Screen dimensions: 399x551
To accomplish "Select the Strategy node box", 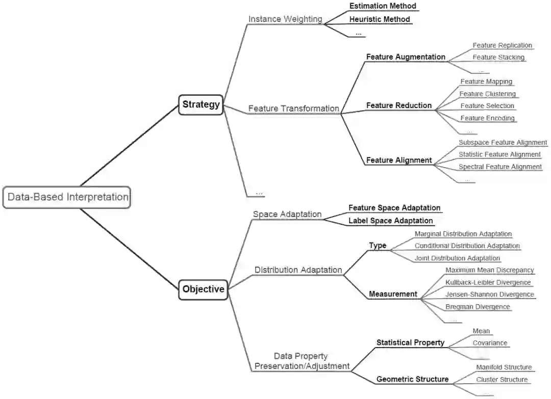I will (201, 104).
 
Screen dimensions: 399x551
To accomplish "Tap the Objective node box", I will (203, 289).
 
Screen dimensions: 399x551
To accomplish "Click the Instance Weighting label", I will (285, 19).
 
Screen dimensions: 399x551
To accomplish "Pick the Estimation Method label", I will (383, 6).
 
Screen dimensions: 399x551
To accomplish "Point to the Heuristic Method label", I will (380, 19).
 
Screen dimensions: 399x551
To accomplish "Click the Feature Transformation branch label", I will (293, 109).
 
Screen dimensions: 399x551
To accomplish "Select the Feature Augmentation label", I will (406, 57).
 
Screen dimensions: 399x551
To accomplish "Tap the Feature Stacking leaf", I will (498, 58).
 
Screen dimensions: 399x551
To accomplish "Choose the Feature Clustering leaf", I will (487, 94).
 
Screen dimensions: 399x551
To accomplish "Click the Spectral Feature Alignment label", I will (500, 167).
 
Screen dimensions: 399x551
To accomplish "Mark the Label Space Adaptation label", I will (390, 221).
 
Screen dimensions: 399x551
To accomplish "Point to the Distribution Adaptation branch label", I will (298, 270).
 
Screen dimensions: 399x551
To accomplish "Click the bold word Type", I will (378, 246).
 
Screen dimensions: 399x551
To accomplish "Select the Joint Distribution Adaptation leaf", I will (457, 258).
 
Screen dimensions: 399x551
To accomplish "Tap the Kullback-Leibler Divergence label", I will (488, 282).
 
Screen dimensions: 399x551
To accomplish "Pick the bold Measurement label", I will (393, 294).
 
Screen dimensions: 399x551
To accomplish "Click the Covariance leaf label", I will (490, 343).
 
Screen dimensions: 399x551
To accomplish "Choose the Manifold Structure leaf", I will (504, 367).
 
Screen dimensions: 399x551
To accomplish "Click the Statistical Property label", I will (410, 342).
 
